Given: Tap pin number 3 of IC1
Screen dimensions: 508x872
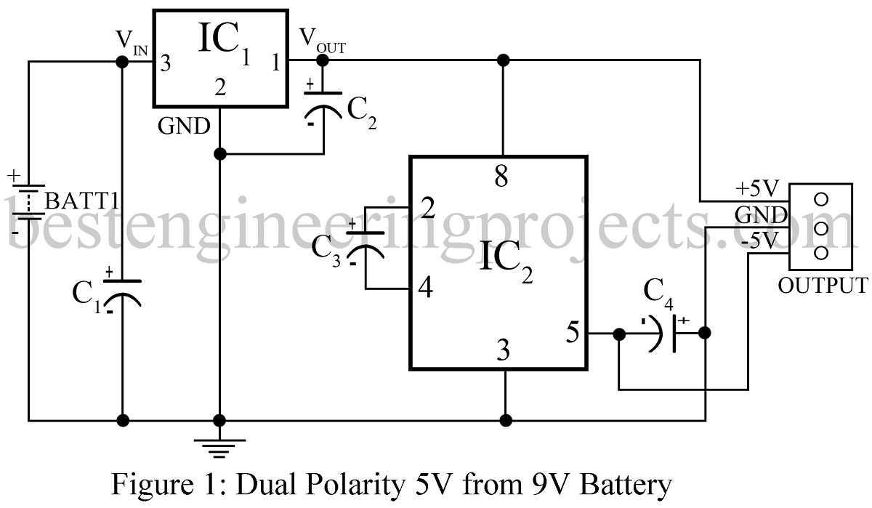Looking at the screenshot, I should click(x=166, y=64).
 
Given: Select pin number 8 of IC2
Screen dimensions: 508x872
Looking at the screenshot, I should click(x=501, y=177).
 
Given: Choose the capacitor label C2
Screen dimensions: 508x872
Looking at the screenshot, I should click(x=361, y=113).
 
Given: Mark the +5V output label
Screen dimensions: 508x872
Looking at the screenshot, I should click(x=758, y=190).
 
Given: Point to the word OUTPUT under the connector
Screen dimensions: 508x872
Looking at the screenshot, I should click(x=822, y=285).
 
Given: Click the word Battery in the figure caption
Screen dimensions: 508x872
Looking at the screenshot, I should click(x=619, y=485).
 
